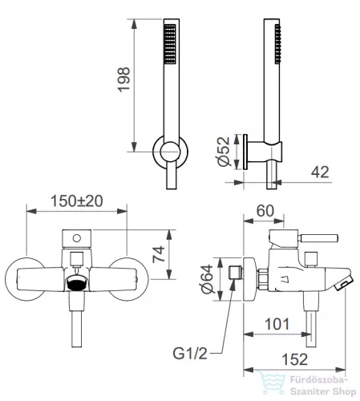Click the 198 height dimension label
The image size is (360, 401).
click(x=123, y=79)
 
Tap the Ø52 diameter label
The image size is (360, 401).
click(x=224, y=152)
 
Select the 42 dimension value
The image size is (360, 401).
click(x=320, y=172)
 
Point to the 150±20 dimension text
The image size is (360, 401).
click(x=77, y=201)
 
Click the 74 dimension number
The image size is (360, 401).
click(x=159, y=254)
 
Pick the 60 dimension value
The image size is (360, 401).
click(x=265, y=211)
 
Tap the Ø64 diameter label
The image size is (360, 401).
click(x=208, y=279)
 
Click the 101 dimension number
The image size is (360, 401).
click(x=277, y=324)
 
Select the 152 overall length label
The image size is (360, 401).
click(x=295, y=359)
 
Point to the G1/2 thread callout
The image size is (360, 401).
click(x=190, y=354)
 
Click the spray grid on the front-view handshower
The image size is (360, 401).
click(x=170, y=44)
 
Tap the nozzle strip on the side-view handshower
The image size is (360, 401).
click(x=278, y=44)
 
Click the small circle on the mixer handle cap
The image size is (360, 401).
click(x=77, y=238)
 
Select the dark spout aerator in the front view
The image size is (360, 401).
click(x=77, y=284)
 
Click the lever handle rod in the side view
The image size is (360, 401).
click(x=318, y=238)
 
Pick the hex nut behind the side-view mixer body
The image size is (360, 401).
click(x=263, y=279)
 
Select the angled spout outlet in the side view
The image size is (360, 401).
click(x=344, y=282)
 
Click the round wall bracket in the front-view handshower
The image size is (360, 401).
click(x=170, y=152)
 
